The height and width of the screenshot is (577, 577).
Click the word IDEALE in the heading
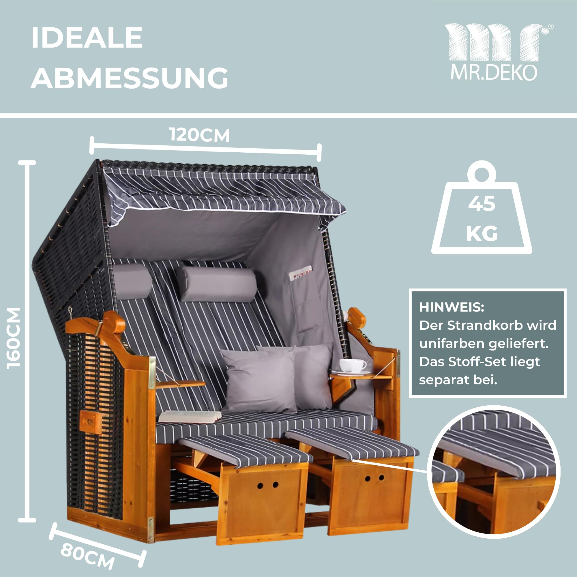87,38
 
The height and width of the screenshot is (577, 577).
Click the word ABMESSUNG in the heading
129,78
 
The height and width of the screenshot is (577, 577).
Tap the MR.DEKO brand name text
494,73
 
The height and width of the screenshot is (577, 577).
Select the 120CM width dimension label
200,135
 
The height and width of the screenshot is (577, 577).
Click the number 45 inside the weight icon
482,204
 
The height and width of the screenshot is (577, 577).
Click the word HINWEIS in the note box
452,307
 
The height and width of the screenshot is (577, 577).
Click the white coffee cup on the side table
353,366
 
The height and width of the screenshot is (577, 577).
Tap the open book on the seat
189,417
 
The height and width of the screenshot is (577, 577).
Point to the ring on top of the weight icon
482,172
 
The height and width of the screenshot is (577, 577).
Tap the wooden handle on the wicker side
91,422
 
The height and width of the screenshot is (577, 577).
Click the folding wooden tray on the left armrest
180,384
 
